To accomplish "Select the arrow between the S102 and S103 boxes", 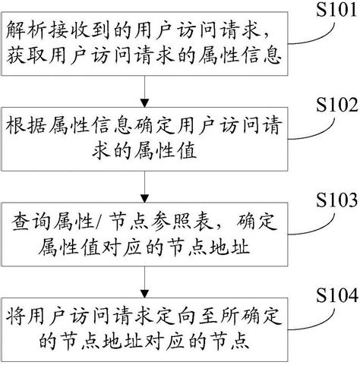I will (144, 183).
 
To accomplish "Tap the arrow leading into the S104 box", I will (144, 279).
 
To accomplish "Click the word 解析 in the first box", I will (30, 31).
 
